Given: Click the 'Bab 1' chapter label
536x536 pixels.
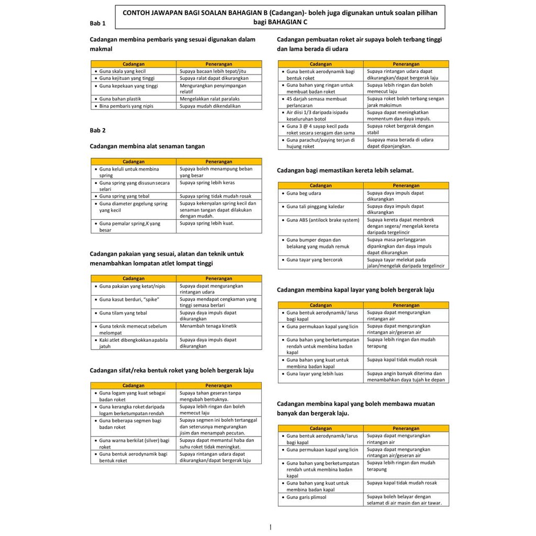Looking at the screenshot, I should tap(97, 23).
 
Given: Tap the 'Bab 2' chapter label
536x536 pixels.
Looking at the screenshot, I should tap(97, 130).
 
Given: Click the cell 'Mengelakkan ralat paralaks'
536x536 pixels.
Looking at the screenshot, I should tap(209, 98).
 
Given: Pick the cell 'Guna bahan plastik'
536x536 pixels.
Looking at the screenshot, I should tap(120, 98).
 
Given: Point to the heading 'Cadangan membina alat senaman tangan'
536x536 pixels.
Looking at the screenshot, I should tap(148, 147).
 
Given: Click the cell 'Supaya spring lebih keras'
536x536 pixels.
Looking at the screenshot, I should tap(207, 183).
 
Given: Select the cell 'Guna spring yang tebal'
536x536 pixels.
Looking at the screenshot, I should tap(124, 196).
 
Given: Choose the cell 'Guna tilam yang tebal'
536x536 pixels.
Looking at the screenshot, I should tap(123, 313).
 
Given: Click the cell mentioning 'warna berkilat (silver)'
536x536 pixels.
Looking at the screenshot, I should tap(134, 443).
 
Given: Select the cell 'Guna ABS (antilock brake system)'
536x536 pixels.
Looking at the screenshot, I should tap(322, 220).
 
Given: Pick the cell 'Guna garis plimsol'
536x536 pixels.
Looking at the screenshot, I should tap(306, 497).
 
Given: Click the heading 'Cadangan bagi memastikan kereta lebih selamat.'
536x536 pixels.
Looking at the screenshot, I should tap(345, 170).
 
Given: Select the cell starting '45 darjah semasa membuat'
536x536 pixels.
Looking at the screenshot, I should tap(316, 102).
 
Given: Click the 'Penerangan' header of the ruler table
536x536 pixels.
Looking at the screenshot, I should tap(219, 64).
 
